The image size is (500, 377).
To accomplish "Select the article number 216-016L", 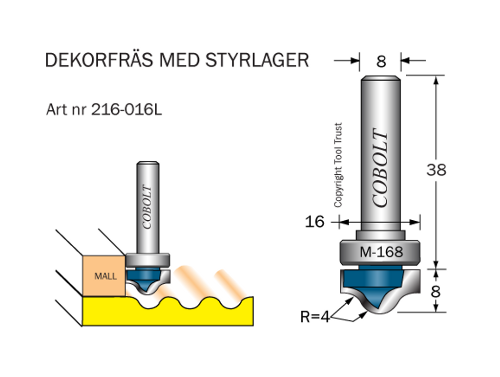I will point(126,110).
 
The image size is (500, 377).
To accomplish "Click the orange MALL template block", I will point(105,276).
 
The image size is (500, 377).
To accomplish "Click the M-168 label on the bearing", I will point(381,252).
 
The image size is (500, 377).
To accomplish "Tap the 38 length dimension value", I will point(436,170).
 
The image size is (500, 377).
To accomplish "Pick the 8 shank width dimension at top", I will point(381,62).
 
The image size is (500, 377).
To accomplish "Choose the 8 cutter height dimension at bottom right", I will point(436,291).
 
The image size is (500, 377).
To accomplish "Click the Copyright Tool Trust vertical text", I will point(338,165).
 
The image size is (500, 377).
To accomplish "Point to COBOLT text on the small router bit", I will point(147,207).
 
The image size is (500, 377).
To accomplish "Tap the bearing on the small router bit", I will point(147,258).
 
